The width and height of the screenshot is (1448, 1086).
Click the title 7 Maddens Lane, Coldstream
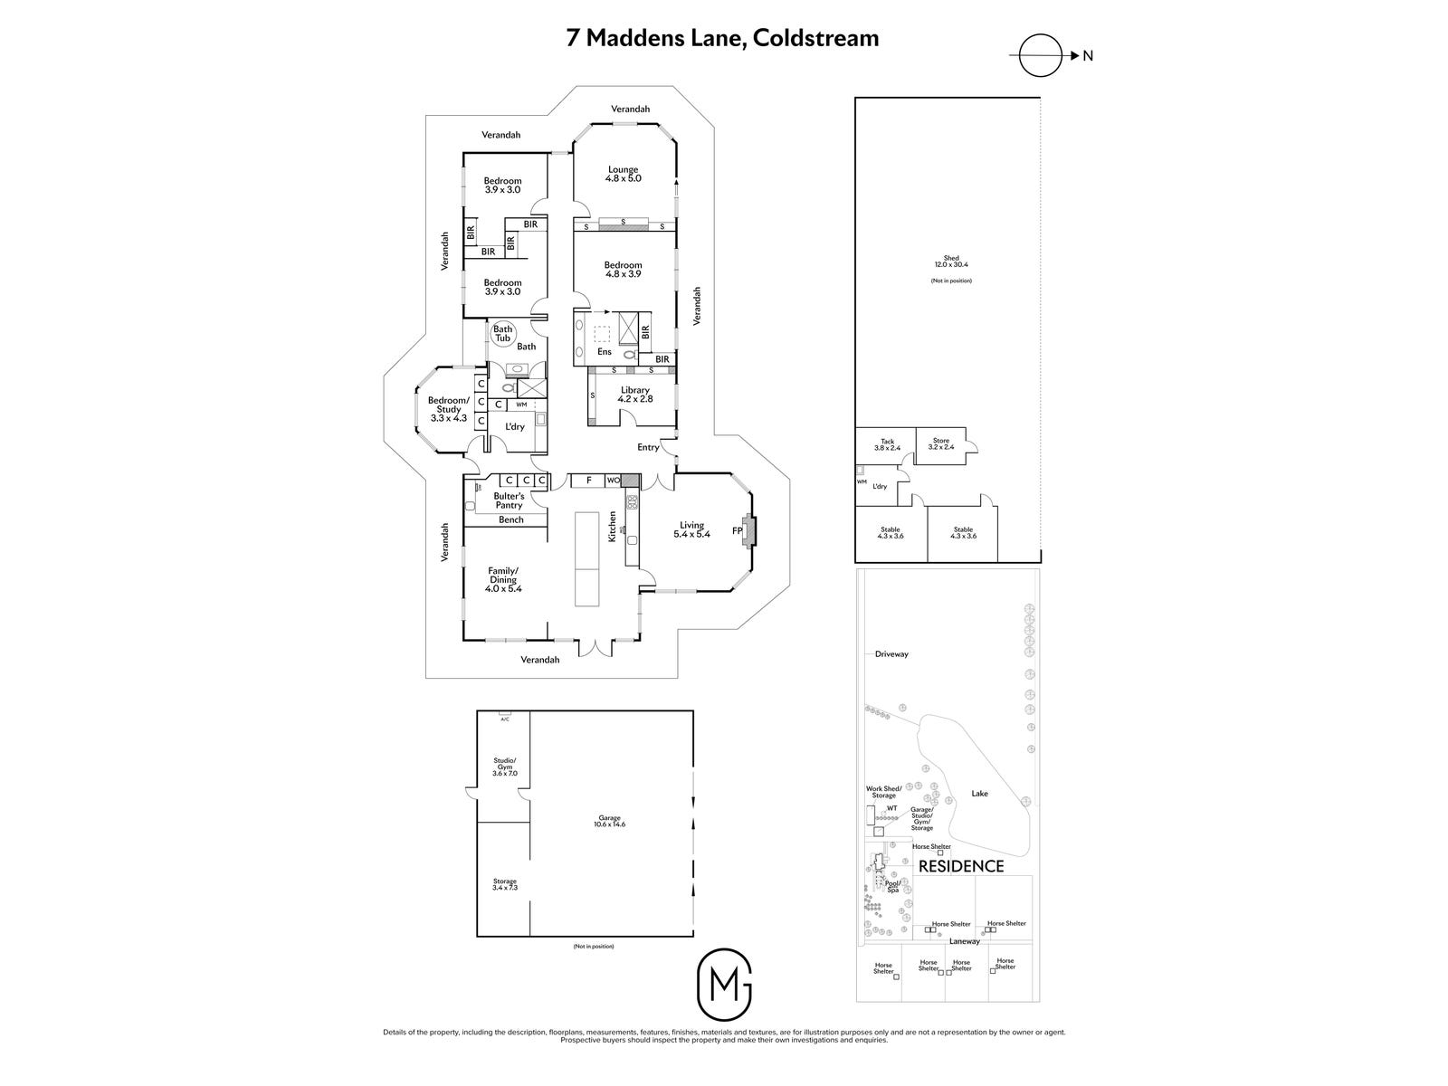[x=722, y=38]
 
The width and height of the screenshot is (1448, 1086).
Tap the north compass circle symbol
[x=1038, y=55]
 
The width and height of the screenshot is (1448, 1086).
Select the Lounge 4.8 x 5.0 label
[x=623, y=175]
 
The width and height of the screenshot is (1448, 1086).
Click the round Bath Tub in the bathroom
[x=502, y=334]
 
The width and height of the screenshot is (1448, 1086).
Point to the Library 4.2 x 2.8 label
[x=633, y=395]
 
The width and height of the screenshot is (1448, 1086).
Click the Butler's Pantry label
[x=509, y=500]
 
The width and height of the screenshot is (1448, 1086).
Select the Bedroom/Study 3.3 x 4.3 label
[x=448, y=409]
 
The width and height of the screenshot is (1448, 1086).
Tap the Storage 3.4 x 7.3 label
[x=504, y=884]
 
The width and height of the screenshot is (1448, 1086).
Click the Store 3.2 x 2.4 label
[x=941, y=443]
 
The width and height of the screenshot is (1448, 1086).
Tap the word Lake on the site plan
[x=979, y=794]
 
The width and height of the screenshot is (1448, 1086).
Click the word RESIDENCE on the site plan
[x=961, y=866]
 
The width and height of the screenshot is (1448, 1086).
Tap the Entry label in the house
[x=648, y=447]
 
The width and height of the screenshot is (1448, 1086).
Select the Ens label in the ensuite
[x=604, y=352]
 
